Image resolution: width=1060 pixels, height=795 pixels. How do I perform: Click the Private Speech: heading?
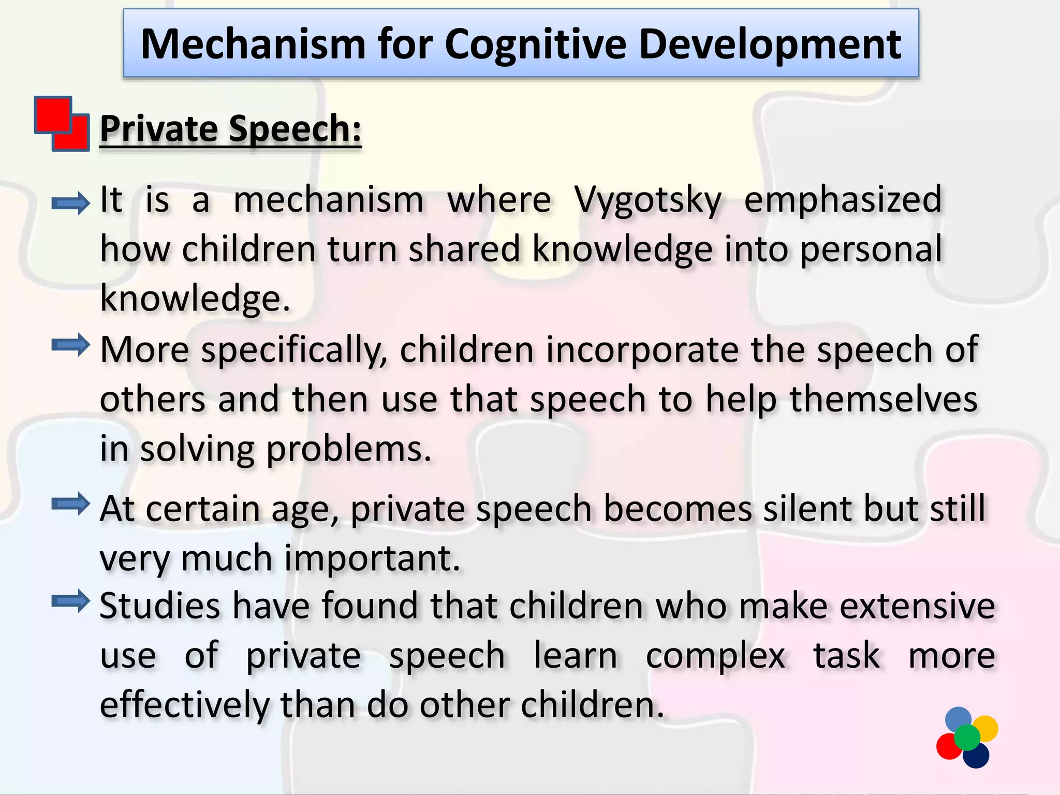pyautogui.click(x=230, y=129)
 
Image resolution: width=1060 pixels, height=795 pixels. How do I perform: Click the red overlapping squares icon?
pyautogui.click(x=62, y=124)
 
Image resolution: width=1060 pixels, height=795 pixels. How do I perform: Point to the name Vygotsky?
pyautogui.click(x=647, y=200)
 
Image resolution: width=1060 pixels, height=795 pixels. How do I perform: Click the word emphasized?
pyautogui.click(x=843, y=199)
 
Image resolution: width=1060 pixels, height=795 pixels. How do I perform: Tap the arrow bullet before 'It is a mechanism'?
pyautogui.click(x=71, y=203)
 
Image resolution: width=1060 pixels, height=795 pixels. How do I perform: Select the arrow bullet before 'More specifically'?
pyautogui.click(x=71, y=345)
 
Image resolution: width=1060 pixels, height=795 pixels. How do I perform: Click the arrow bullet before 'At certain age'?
pyautogui.click(x=71, y=504)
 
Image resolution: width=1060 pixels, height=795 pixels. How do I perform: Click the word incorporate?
pyautogui.click(x=642, y=350)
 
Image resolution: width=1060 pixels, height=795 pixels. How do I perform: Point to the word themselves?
pyautogui.click(x=884, y=400)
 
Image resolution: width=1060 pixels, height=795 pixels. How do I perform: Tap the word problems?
pyautogui.click(x=348, y=449)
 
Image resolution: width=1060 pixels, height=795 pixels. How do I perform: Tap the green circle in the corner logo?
pyautogui.click(x=967, y=737)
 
